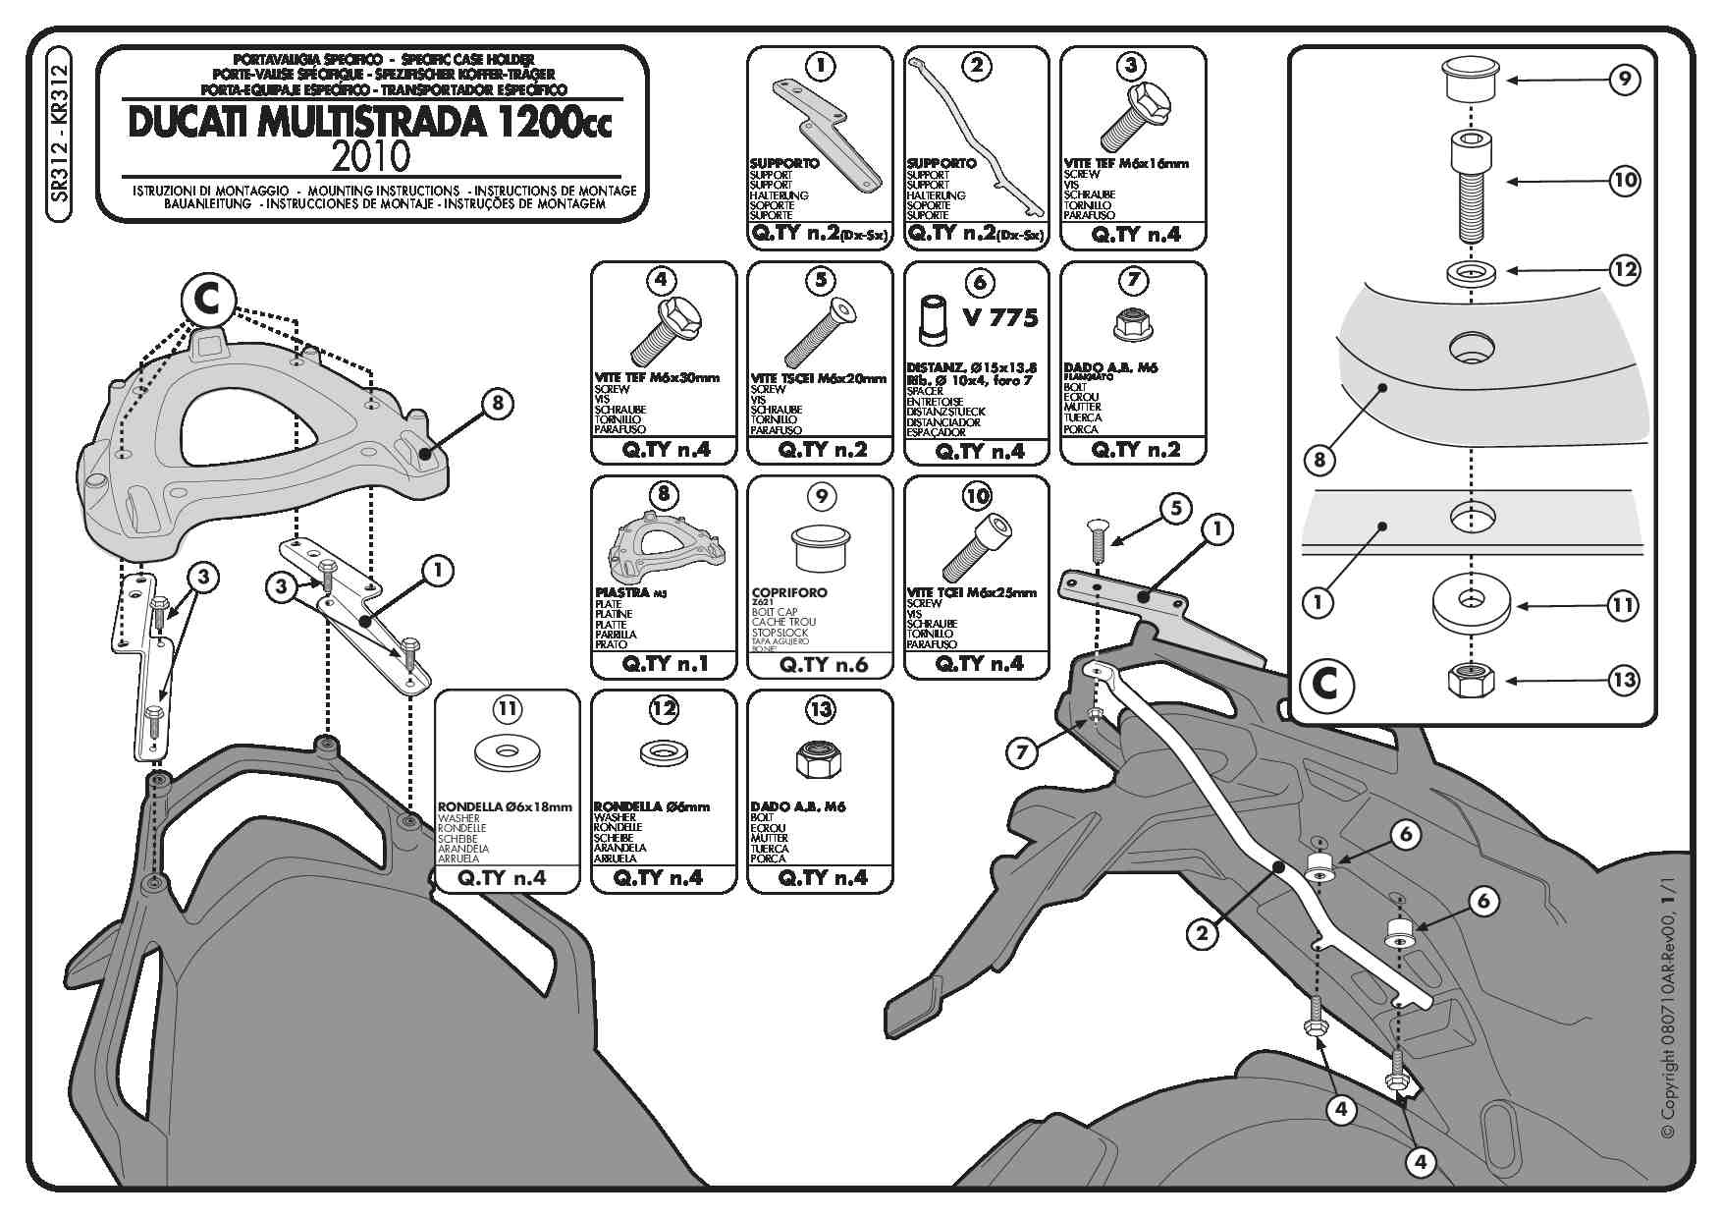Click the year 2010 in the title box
tap(371, 156)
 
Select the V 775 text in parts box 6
tap(1000, 317)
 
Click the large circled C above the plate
tap(208, 300)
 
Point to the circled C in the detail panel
tap(1326, 683)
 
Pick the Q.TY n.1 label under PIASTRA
tap(664, 664)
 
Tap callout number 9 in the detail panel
tap(1625, 80)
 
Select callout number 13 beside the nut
tap(1625, 680)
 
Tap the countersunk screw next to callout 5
tap(1097, 539)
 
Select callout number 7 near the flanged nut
tap(1022, 753)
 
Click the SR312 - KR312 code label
tap(60, 134)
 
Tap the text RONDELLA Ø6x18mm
tap(505, 807)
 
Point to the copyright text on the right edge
tap(1668, 1022)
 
